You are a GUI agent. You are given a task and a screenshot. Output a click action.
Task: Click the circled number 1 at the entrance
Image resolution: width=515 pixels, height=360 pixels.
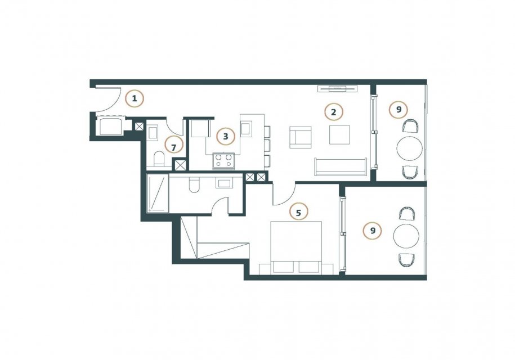[x=135, y=98]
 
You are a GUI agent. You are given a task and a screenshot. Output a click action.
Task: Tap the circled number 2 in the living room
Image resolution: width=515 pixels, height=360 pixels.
[x=333, y=112]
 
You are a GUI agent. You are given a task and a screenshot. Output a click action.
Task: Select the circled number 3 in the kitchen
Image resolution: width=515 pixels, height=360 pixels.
[x=226, y=136]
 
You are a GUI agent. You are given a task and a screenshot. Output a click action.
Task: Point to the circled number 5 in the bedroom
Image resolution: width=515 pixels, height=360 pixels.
[x=298, y=213]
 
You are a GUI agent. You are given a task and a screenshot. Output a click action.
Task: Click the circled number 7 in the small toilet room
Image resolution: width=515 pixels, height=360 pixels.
[x=174, y=146]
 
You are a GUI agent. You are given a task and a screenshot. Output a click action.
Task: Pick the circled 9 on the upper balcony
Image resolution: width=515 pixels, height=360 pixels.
[x=398, y=109]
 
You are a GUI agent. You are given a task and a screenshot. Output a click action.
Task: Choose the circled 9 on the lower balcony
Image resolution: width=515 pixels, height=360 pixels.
[x=373, y=231]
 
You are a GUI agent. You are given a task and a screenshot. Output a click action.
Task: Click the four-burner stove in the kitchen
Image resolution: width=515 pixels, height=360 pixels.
[x=223, y=161]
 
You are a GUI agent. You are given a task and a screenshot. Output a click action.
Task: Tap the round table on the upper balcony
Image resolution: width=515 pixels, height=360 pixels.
[x=410, y=148]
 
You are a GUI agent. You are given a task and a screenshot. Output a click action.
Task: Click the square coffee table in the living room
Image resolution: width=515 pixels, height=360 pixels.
[x=340, y=134]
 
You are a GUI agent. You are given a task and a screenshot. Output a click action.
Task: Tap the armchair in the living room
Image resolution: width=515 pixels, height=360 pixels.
[x=300, y=137]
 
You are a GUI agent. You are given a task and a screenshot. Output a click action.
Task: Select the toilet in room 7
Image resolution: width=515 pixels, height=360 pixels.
[x=159, y=159]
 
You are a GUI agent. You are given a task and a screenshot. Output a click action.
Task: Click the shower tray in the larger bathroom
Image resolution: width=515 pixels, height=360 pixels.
[x=158, y=193]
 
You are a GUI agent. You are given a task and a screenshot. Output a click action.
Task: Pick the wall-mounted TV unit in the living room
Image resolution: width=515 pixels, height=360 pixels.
[x=338, y=88]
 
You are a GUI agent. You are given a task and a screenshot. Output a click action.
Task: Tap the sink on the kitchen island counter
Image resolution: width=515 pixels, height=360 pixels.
[x=247, y=128]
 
